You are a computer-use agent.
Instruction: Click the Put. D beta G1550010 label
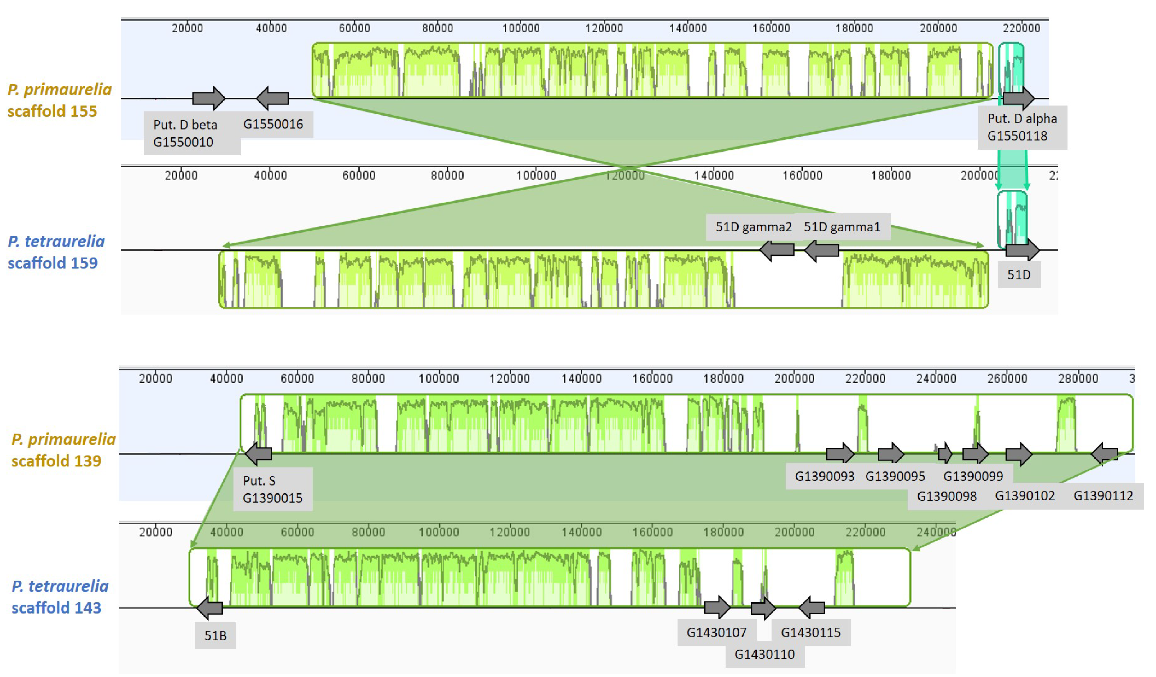191,134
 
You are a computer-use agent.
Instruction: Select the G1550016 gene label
273,124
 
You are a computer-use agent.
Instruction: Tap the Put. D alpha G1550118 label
1022,127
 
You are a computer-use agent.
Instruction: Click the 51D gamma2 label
753,227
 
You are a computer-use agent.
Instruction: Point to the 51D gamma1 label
842,227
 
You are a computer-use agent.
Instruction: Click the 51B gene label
215,635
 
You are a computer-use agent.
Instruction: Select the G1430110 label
764,654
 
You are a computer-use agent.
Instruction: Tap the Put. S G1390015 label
272,489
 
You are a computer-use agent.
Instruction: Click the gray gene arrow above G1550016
272,98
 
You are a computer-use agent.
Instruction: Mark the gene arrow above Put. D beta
209,98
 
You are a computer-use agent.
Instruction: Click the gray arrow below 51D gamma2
777,250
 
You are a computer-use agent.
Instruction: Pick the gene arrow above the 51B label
209,608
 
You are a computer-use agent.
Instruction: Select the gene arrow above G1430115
812,608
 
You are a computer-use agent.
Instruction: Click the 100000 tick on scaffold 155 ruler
521,28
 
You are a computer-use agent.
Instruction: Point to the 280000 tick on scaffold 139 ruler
1078,378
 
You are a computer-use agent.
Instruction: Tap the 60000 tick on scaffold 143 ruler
297,532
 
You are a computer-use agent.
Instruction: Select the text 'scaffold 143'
56,608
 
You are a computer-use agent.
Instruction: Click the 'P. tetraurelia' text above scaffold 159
56,241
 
